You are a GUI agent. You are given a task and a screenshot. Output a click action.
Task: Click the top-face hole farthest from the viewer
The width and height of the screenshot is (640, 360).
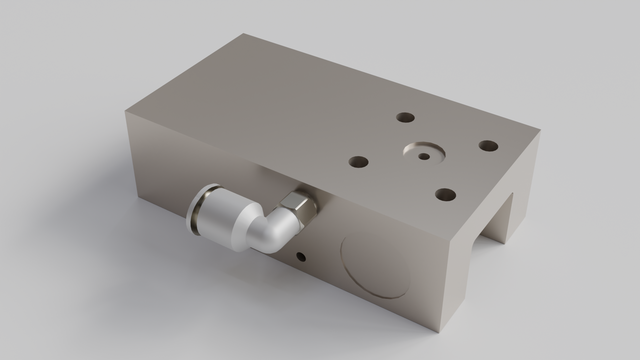click(404, 117)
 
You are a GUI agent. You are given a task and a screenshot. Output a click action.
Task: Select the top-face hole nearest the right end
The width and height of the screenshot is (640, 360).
click(488, 146)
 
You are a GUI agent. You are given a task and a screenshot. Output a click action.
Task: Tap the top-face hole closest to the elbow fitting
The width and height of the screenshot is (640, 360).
click(356, 159)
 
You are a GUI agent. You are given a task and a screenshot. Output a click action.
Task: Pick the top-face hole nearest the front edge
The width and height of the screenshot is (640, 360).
click(446, 193)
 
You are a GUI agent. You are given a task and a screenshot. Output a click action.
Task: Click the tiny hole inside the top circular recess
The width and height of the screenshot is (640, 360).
click(425, 156)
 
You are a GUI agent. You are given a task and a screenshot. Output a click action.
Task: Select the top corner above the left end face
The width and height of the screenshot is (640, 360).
click(128, 109)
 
